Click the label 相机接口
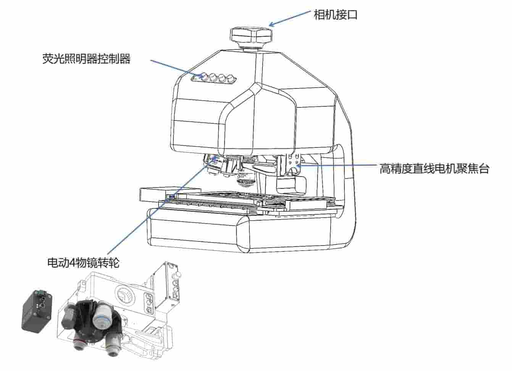335,15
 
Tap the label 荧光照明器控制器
86,59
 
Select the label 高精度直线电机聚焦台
434,169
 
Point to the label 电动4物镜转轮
84,263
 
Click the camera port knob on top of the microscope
251,37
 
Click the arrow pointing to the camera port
290,18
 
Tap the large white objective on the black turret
103,314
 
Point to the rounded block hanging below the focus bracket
291,185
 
